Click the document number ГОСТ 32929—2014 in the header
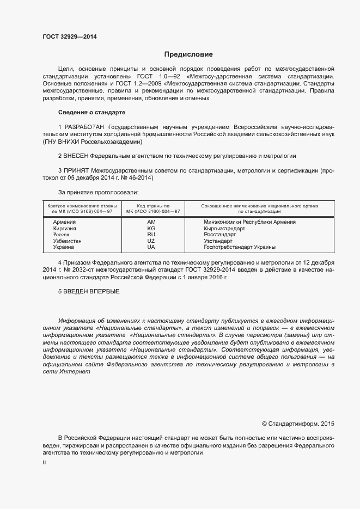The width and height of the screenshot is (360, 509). [x=70, y=37]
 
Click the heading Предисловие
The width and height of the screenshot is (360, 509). [x=188, y=54]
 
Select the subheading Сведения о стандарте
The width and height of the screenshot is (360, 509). [x=91, y=112]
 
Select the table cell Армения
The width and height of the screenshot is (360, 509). [x=64, y=222]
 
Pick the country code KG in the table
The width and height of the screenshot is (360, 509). [x=151, y=229]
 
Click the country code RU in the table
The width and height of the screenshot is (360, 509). [x=151, y=235]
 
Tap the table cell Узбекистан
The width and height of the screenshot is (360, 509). [x=67, y=241]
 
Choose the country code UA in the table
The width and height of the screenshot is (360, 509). [x=151, y=247]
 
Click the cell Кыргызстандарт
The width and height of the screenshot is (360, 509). [x=224, y=229]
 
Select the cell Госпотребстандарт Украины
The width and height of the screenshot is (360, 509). [x=239, y=247]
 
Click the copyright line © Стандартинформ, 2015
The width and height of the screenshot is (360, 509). [x=298, y=423]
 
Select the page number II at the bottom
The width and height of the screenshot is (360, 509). [x=44, y=462]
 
